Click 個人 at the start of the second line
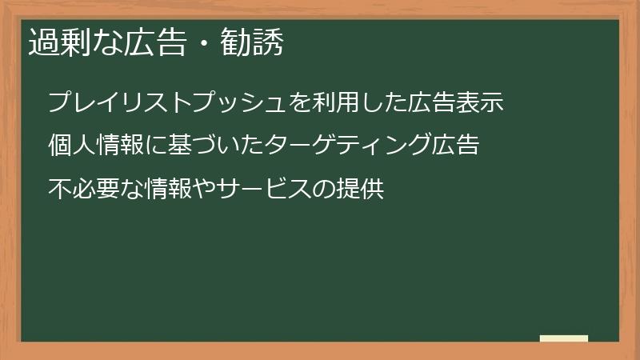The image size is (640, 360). click(x=72, y=146)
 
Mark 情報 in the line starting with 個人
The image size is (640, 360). click(x=121, y=146)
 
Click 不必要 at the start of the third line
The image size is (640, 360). click(x=85, y=190)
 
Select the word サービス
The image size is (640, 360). click(x=268, y=190)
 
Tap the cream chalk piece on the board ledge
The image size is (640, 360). click(x=564, y=338)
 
